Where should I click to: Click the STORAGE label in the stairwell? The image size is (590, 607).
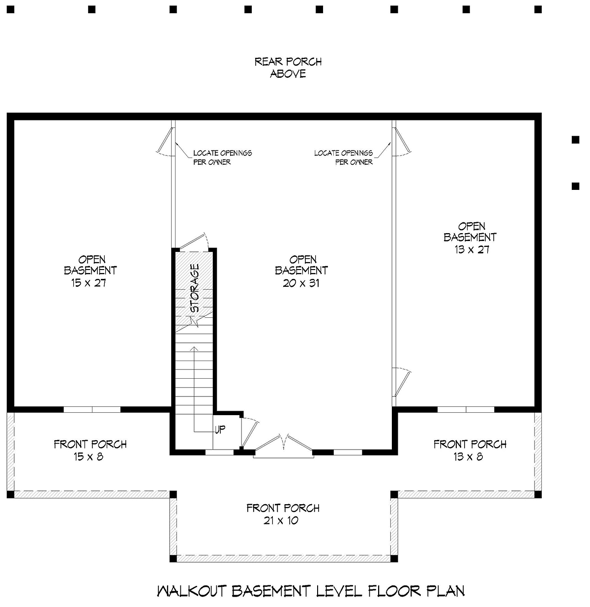[194, 288]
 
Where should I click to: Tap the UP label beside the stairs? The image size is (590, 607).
[220, 429]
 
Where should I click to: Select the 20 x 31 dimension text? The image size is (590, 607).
[301, 283]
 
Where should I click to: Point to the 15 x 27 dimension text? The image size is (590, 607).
[89, 283]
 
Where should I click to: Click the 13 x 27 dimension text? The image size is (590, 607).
[472, 249]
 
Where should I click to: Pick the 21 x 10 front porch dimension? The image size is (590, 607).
[281, 520]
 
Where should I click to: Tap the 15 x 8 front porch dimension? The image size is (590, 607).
[88, 456]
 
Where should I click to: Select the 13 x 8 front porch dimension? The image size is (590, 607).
[469, 456]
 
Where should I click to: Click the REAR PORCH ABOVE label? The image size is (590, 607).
[288, 67]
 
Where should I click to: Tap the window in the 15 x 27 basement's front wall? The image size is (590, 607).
[92, 409]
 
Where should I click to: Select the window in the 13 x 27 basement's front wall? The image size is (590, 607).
[466, 409]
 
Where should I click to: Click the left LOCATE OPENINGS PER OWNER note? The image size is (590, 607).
[222, 157]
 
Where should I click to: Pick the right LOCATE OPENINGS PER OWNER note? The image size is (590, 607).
[343, 157]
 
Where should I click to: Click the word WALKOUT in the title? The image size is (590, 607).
[191, 591]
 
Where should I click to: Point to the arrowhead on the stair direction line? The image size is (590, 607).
[194, 349]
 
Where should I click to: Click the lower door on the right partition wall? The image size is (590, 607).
[402, 382]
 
